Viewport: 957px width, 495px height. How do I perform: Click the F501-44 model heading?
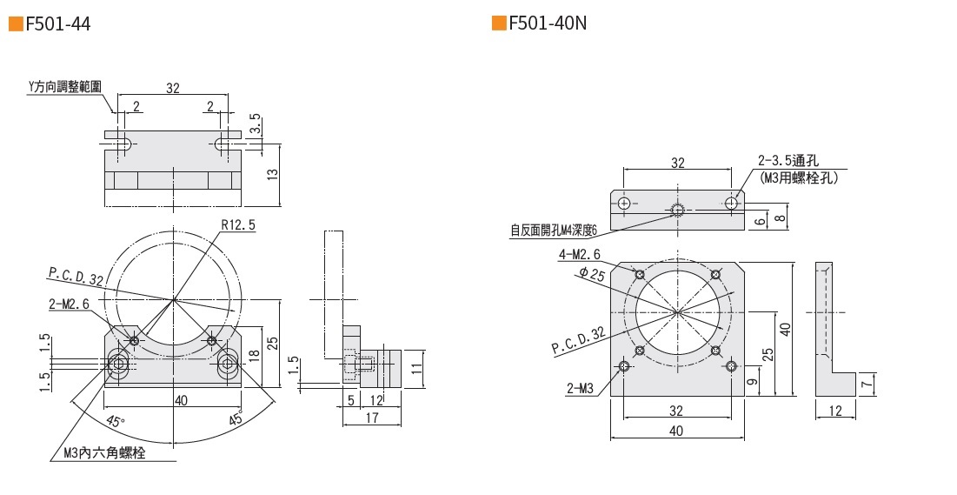58,23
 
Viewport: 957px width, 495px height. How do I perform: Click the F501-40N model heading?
548,23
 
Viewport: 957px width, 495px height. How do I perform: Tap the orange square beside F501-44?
15,23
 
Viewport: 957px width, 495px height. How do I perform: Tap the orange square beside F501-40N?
498,23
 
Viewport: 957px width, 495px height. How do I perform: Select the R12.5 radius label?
237,224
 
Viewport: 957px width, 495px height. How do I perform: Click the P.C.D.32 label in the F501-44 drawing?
76,276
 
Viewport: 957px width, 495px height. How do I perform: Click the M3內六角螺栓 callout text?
104,453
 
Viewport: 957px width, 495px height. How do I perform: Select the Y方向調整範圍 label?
65,87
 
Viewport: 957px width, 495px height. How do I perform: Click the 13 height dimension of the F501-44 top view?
272,174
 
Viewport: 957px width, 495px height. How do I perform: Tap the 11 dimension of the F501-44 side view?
416,369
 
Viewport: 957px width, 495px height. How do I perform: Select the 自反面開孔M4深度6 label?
554,231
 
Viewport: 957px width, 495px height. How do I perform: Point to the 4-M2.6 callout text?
580,254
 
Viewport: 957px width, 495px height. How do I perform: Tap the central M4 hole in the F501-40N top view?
677,209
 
